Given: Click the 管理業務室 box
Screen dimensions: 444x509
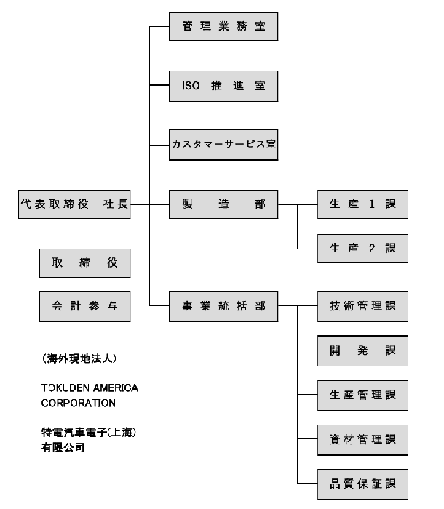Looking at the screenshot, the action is click(x=223, y=26).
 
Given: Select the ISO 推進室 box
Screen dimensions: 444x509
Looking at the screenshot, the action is click(x=223, y=86).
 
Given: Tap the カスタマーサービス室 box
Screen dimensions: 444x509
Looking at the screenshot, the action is click(x=223, y=145).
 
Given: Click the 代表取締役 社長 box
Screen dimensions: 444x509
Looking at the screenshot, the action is click(x=74, y=204).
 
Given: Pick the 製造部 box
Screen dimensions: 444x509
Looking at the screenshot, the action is click(x=223, y=204).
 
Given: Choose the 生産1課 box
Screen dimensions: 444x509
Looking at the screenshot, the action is click(x=362, y=204).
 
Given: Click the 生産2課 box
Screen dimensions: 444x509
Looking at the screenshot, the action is click(x=362, y=249).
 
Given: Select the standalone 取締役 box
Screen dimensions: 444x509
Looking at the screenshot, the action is click(x=85, y=263).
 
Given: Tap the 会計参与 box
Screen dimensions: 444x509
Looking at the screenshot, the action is click(x=85, y=306).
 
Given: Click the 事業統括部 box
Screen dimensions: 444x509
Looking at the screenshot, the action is click(x=223, y=306).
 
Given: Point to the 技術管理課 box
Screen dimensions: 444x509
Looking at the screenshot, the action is click(x=362, y=306).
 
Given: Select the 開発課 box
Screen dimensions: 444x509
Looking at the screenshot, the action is click(x=362, y=351).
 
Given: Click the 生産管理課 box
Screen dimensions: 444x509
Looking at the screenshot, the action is click(x=362, y=395).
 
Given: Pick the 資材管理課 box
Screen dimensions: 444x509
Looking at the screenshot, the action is click(x=362, y=440).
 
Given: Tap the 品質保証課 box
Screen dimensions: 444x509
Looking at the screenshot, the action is click(x=362, y=484).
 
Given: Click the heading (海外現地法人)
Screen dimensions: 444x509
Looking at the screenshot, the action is click(x=79, y=358).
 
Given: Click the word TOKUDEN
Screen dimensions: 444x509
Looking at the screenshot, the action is click(x=66, y=388).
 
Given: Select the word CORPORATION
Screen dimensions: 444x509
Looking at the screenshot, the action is click(x=79, y=403).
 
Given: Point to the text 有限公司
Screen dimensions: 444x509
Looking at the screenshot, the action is click(x=63, y=448).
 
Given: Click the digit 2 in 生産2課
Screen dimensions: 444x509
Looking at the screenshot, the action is click(x=372, y=249).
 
